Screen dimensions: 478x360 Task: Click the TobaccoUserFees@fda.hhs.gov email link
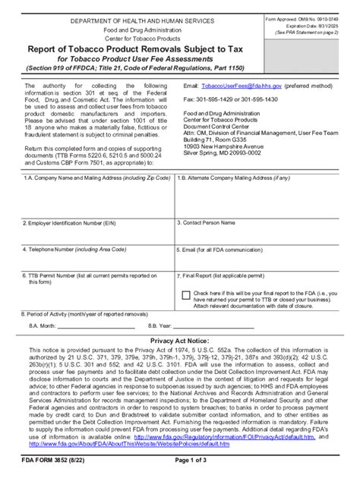coord(238,87)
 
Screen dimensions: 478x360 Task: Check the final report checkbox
coord(187,294)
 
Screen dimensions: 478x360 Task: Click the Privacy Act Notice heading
coord(179,341)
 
